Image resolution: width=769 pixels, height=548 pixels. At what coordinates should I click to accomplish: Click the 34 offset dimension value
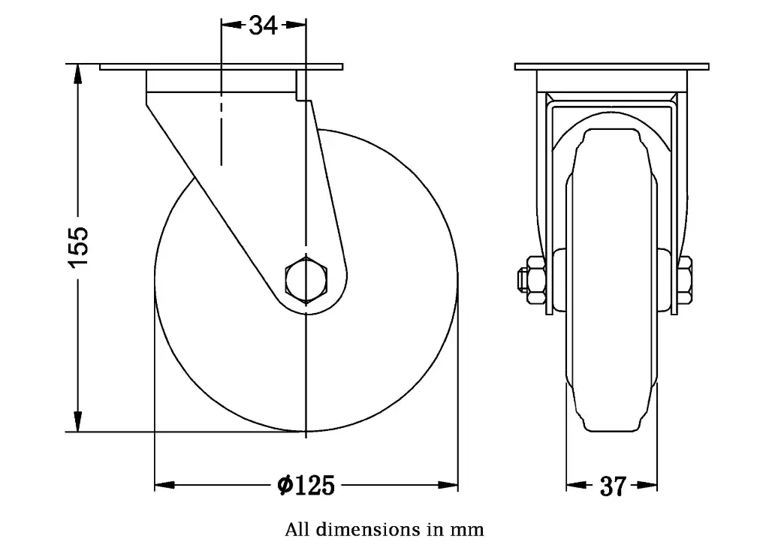pyautogui.click(x=264, y=26)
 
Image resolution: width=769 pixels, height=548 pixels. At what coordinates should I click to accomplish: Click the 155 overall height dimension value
pyautogui.click(x=78, y=244)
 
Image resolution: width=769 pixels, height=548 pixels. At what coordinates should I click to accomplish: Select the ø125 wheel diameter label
pyautogui.click(x=306, y=486)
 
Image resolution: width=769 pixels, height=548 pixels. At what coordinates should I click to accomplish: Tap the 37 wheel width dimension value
pyautogui.click(x=613, y=486)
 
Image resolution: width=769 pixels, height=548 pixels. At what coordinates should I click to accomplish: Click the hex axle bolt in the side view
pyautogui.click(x=306, y=279)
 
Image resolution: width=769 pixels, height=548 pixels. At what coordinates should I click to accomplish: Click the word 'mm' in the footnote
pyautogui.click(x=468, y=529)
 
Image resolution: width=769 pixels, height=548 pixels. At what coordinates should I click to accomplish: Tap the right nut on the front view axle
pyautogui.click(x=684, y=280)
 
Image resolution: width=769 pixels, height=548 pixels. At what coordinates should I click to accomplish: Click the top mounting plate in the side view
pyautogui.click(x=222, y=67)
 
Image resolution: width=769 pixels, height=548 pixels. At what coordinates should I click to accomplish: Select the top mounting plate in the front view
pyautogui.click(x=612, y=67)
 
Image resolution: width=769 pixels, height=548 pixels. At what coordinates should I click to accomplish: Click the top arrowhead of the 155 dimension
pyautogui.click(x=77, y=73)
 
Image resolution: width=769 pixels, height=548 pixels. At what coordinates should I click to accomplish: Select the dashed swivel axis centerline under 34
pyautogui.click(x=221, y=128)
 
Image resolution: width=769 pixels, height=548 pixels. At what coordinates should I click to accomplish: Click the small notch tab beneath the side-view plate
pyautogui.click(x=300, y=86)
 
